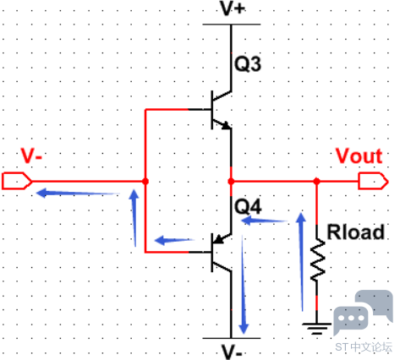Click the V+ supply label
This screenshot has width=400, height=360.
pos(233,8)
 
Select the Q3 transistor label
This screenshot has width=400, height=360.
pos(248,63)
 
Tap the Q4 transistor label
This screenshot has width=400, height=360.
pos(248,206)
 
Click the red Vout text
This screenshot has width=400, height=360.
pos(359,156)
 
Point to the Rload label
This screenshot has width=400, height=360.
pos(356,232)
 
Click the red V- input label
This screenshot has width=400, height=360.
pos(31,155)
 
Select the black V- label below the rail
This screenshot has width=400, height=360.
pos(232,352)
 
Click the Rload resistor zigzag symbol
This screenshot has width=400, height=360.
pos(317,259)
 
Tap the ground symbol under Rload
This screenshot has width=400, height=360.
pos(317,329)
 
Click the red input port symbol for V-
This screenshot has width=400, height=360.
pos(17,181)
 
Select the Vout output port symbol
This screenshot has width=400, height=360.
pos(374,181)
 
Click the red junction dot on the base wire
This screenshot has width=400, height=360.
pos(145,181)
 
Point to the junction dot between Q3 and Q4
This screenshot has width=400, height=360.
pos(231,181)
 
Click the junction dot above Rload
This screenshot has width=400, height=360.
pos(317,181)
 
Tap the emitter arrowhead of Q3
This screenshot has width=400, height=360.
pos(227,126)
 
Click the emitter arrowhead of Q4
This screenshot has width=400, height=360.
pos(217,240)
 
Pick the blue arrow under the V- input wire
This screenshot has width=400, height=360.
pos(78,194)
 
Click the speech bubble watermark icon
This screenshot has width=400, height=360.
pos(363,313)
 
